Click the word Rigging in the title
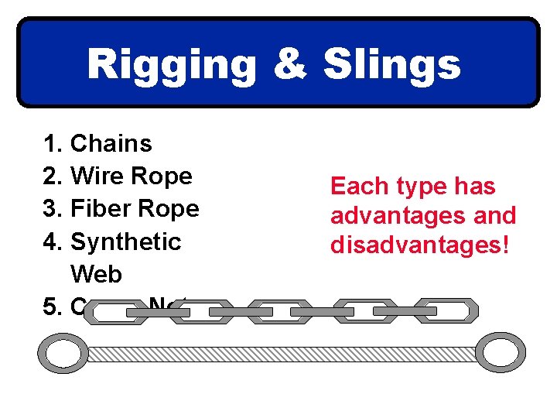(x=172, y=66)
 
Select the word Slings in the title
(x=391, y=66)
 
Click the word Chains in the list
(x=111, y=143)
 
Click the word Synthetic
(x=125, y=241)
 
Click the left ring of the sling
(x=63, y=354)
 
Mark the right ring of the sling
(x=500, y=354)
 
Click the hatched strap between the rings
(x=282, y=354)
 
